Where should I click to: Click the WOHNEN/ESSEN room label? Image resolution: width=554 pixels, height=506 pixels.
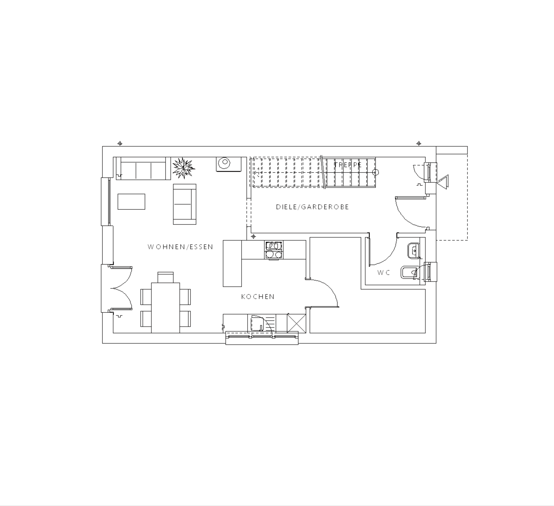pos(180,247)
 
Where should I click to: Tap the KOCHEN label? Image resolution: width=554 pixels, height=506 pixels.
pos(258,297)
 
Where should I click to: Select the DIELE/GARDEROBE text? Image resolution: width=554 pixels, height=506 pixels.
pos(312,207)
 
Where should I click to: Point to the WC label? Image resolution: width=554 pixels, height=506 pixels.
pos(384,272)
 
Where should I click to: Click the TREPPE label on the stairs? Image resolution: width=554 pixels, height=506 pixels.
pos(348,165)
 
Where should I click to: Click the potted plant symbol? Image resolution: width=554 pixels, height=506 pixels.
pos(184,168)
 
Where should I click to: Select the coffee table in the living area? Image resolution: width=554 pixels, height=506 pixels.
pos(131,201)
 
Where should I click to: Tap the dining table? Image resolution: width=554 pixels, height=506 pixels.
pos(165,308)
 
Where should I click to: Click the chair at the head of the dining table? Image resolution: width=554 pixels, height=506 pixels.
pos(165,277)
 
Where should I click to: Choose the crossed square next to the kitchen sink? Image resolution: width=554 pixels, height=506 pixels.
pos(296,323)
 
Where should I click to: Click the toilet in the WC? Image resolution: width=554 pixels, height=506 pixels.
pos(410,272)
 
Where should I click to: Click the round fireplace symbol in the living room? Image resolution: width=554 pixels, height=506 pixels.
pos(224,163)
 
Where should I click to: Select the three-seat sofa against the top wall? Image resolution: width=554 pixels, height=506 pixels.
pos(143,169)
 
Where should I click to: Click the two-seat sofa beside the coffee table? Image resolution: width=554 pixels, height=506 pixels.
pos(184,204)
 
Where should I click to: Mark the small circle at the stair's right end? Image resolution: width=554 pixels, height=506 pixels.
pos(376,172)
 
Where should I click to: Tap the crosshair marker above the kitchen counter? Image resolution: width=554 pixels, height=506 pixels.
pos(253,236)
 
